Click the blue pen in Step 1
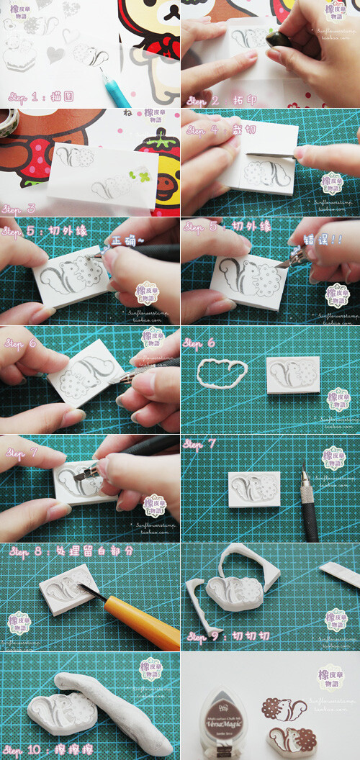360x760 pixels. pyautogui.click(x=115, y=86)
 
